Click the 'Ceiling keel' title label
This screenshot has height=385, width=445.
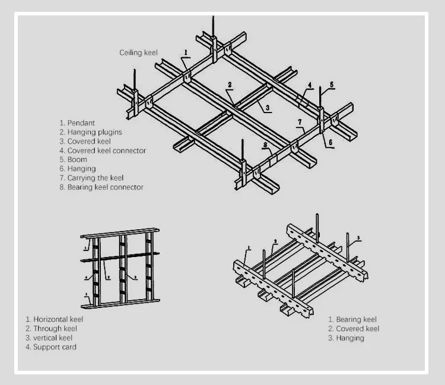pyautogui.click(x=139, y=53)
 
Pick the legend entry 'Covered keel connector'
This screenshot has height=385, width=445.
pyautogui.click(x=102, y=150)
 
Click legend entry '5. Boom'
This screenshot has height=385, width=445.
pyautogui.click(x=73, y=159)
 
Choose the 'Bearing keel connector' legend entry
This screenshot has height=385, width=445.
pyautogui.click(x=101, y=187)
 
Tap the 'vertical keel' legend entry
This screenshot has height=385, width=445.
pyautogui.click(x=50, y=338)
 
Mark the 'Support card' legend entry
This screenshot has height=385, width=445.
pyautogui.click(x=50, y=347)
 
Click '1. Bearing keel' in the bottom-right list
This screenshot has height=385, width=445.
pyautogui.click(x=352, y=320)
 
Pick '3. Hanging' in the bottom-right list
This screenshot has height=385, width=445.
pyautogui.click(x=346, y=338)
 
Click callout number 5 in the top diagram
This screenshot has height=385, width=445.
pyautogui.click(x=332, y=85)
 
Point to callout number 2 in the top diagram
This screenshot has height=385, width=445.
pyautogui.click(x=229, y=85)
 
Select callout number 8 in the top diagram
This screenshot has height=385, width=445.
pyautogui.click(x=265, y=145)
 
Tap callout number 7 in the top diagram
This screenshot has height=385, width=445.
pyautogui.click(x=301, y=123)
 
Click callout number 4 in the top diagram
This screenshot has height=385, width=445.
pyautogui.click(x=310, y=86)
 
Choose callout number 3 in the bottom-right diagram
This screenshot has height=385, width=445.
pyautogui.click(x=358, y=239)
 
